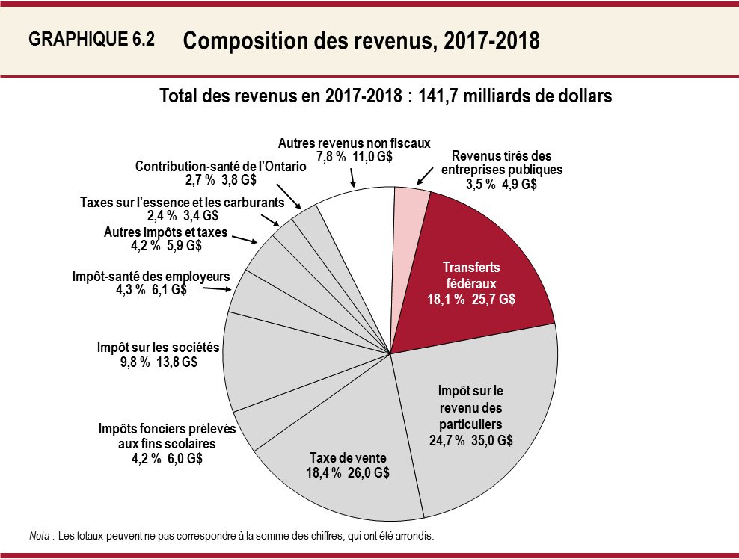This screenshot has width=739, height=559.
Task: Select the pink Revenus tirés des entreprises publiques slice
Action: coord(411,224)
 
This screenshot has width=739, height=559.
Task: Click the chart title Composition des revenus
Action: coord(361,41)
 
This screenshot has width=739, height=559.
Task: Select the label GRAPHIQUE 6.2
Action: coord(91,40)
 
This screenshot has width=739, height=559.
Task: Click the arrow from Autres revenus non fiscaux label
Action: coord(352,177)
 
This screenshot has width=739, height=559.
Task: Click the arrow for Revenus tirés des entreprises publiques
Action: coord(423,176)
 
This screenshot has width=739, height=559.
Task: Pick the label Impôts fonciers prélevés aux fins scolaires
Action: coord(167,436)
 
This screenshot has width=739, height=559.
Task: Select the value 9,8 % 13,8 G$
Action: coord(158,362)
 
